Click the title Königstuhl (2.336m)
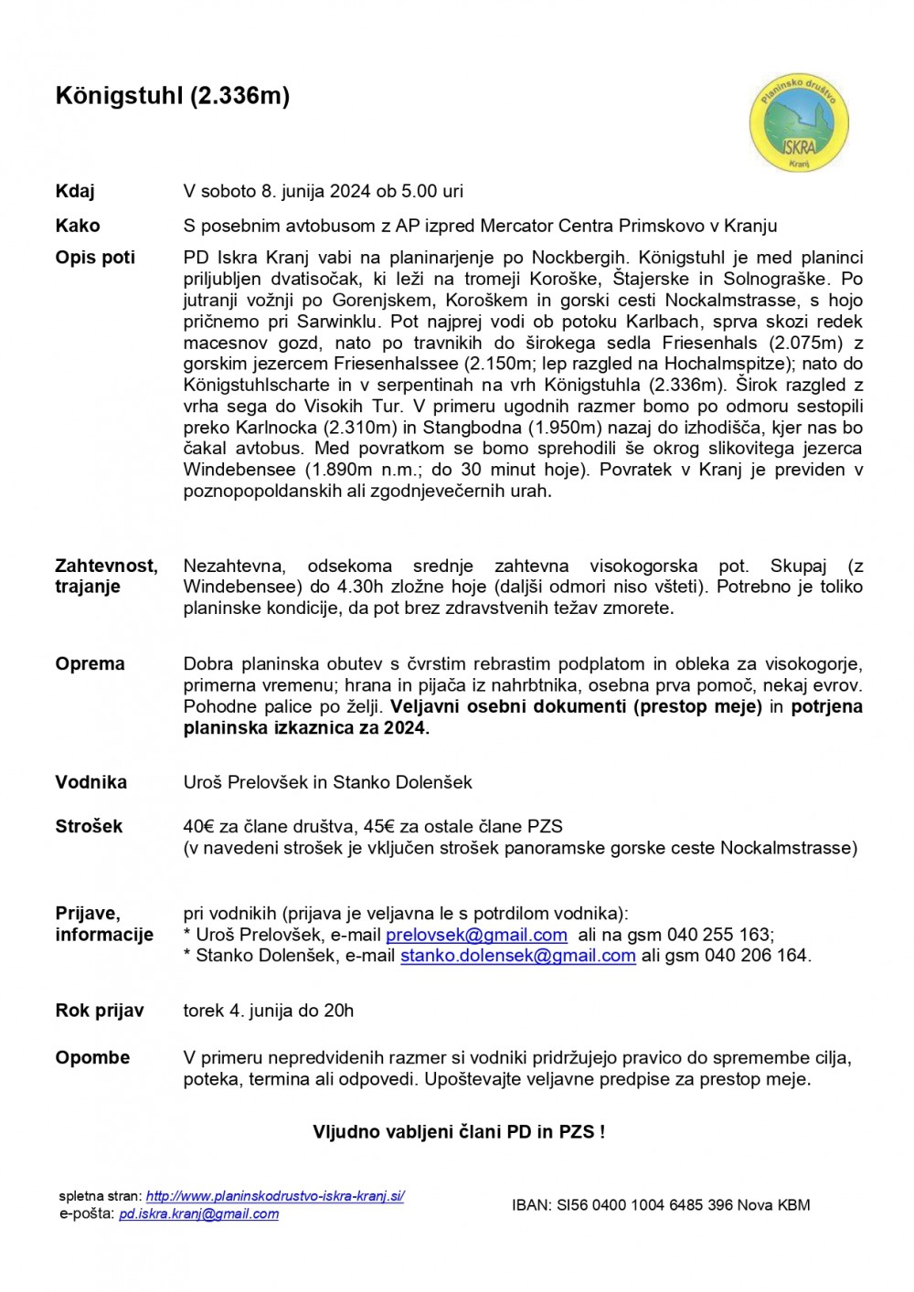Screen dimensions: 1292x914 (x=173, y=96)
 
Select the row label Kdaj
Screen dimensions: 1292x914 (x=75, y=192)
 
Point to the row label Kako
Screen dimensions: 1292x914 (x=78, y=226)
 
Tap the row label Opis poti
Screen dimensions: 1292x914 (x=95, y=258)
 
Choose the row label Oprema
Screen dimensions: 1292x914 (x=90, y=664)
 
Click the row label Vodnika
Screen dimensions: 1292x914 (x=90, y=782)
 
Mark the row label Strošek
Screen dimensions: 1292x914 (x=89, y=827)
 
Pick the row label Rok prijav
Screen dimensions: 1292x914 (x=100, y=1011)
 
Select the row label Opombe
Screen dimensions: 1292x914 (x=92, y=1058)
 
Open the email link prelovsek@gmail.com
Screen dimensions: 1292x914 (x=476, y=935)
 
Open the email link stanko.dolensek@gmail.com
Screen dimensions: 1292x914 (x=517, y=956)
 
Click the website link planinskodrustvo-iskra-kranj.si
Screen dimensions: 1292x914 (x=275, y=1196)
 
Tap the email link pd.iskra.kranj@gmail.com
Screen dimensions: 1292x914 (x=198, y=1214)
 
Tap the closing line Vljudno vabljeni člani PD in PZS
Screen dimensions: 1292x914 (x=459, y=1132)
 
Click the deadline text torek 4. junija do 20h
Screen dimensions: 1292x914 (x=268, y=1011)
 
